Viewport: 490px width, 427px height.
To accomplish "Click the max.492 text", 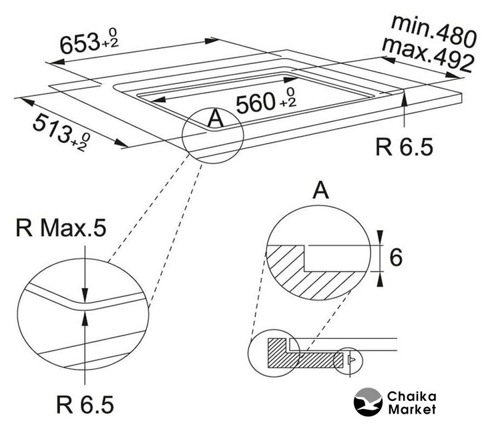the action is point(428,55).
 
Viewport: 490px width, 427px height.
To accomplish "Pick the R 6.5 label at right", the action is point(404,147).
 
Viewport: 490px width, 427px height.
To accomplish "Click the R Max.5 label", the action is point(61,228).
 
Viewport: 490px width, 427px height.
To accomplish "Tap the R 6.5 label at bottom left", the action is point(85,404).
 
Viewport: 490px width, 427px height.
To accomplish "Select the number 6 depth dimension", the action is point(396,258).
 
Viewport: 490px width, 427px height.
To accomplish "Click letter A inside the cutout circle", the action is point(216,119).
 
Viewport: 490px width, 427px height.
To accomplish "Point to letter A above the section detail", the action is point(320,190).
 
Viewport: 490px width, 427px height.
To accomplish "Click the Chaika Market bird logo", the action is point(368,402).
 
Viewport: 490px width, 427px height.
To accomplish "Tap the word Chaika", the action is point(412,396).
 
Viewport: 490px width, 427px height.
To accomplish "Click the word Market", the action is point(412,409).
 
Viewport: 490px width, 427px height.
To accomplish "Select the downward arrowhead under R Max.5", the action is point(84,296).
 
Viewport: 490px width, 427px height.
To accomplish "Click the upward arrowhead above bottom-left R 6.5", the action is point(84,319).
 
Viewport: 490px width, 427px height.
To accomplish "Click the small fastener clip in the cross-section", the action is point(350,360).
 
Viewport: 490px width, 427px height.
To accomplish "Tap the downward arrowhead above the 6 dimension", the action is point(380,237).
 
